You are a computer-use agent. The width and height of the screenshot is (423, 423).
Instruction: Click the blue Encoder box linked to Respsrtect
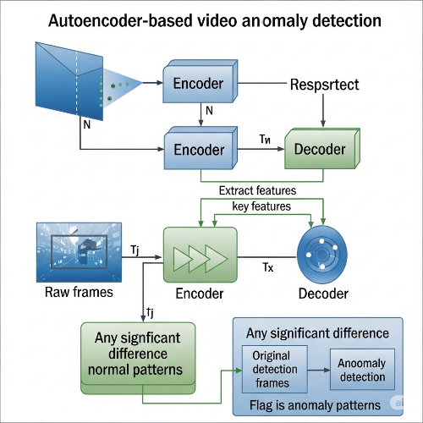(x=198, y=83)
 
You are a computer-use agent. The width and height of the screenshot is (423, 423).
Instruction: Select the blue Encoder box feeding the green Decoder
(x=198, y=149)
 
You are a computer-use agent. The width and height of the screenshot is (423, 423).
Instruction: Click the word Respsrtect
(x=325, y=85)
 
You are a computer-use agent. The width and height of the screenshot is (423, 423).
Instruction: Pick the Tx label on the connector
(x=268, y=268)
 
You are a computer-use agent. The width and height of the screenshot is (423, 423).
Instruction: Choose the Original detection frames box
(x=272, y=370)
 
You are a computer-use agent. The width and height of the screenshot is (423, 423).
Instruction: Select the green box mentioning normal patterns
(x=137, y=354)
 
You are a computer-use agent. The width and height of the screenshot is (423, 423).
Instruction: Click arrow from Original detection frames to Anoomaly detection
(x=314, y=371)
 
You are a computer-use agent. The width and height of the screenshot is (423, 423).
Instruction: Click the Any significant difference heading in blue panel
(x=321, y=333)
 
